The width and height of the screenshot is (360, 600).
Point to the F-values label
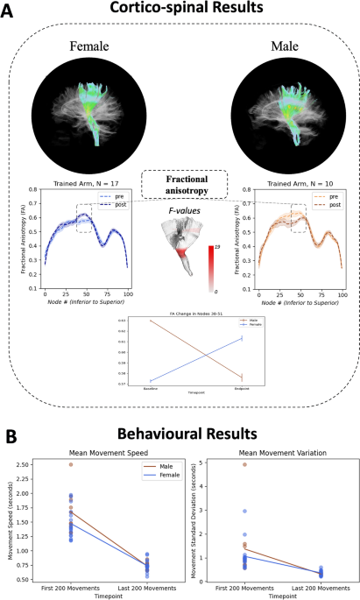(182, 210)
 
